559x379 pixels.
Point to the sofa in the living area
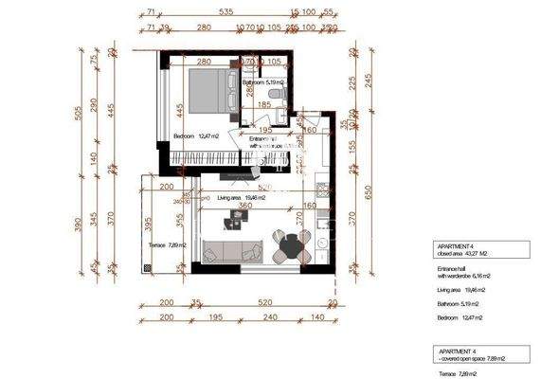(x=231, y=251)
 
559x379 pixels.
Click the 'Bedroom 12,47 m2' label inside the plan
(x=196, y=137)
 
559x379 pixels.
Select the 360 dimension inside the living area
(x=243, y=206)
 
